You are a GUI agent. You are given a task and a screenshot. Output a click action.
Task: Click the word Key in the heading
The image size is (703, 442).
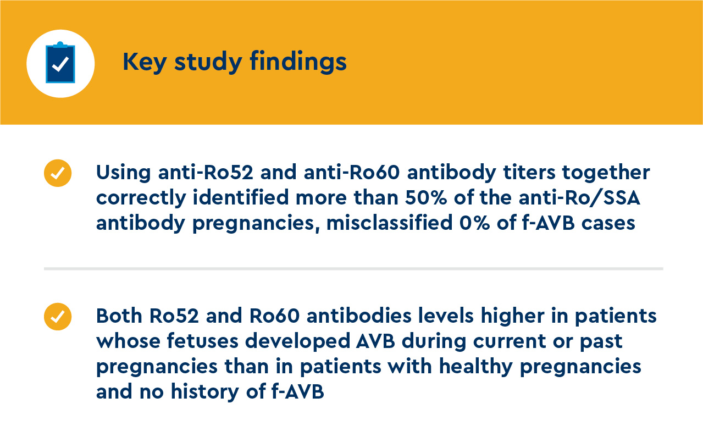145,62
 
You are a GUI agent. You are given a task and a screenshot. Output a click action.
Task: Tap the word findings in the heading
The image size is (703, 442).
298,62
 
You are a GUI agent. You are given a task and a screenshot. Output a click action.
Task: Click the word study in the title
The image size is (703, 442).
208,62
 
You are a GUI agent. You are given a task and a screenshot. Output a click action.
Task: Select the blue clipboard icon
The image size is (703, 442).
60,62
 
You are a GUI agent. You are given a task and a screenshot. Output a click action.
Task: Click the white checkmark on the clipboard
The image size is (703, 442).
60,64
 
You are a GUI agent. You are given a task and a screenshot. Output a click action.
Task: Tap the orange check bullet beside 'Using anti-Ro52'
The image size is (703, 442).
58,173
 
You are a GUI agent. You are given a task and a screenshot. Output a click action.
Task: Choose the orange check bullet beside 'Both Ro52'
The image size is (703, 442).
58,317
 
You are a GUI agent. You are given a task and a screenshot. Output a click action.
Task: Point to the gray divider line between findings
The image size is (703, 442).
353,269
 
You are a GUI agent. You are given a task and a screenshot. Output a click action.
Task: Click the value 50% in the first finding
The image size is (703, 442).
426,198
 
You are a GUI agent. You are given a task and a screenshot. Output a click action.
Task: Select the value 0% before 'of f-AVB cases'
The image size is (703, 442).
474,223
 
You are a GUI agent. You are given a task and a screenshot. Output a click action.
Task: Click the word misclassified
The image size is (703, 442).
390,223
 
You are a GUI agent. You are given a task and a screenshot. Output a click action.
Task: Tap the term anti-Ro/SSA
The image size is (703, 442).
579,198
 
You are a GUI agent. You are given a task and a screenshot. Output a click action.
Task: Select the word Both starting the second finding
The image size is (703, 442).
119,316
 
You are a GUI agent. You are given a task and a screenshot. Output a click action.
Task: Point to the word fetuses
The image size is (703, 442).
202,341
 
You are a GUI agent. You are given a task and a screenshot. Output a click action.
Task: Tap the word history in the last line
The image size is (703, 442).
205,393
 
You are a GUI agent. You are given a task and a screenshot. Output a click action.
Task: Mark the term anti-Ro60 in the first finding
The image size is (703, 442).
352,172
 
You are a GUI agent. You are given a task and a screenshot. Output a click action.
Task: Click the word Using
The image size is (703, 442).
123,173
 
